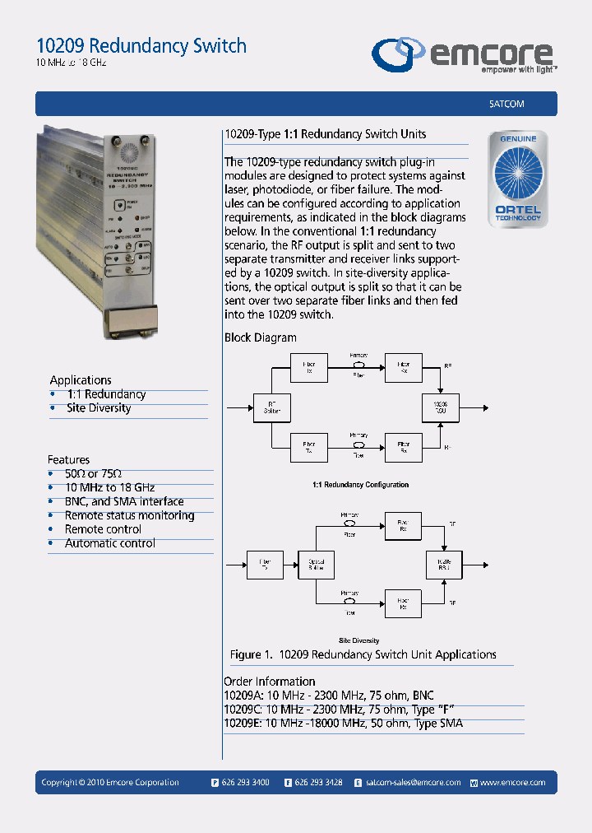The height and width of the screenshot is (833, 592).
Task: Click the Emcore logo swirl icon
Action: tap(399, 54)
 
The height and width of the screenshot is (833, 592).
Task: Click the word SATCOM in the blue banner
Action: tap(501, 104)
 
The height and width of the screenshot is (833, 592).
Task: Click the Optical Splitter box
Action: tap(316, 564)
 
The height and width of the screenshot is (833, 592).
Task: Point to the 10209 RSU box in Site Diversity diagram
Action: tap(444, 564)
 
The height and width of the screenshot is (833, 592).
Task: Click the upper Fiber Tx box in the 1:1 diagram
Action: tap(309, 367)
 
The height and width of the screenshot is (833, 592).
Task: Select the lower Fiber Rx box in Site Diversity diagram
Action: tap(403, 603)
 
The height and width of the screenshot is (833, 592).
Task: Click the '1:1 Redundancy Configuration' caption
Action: tap(360, 485)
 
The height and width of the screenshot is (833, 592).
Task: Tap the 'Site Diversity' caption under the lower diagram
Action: tap(359, 640)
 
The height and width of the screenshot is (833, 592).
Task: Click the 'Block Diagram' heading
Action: tap(260, 337)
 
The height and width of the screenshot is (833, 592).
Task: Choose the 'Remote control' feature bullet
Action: tap(103, 529)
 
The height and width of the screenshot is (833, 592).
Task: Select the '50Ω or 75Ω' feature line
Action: tap(93, 474)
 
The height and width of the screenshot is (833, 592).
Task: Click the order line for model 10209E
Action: tap(343, 724)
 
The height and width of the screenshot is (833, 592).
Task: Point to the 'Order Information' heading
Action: tap(269, 682)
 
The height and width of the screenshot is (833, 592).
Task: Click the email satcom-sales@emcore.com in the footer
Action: tap(413, 783)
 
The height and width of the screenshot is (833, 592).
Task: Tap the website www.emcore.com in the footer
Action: tap(512, 783)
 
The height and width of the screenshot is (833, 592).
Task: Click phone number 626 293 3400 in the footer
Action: tap(245, 783)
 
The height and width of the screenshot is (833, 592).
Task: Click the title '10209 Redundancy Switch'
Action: tap(141, 45)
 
